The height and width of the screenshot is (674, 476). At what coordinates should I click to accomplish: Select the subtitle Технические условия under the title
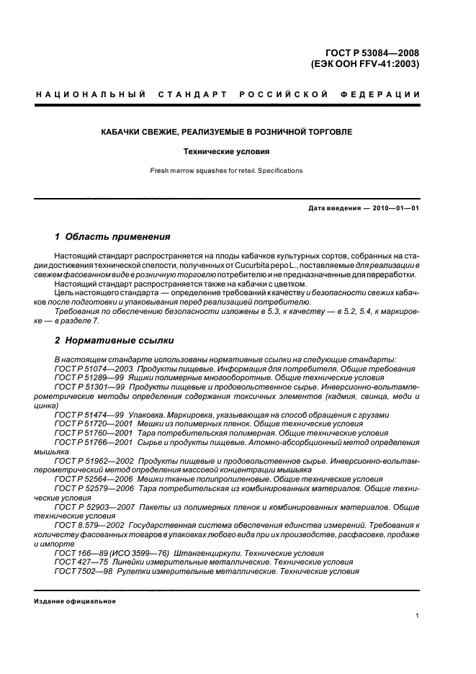point(238,152)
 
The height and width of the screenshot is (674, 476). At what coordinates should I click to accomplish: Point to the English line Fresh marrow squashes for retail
point(225,171)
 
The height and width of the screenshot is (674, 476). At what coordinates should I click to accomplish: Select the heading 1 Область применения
point(112,236)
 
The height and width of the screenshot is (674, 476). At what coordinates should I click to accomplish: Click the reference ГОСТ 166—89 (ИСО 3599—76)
point(112,554)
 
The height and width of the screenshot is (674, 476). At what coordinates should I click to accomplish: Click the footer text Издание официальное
point(76,601)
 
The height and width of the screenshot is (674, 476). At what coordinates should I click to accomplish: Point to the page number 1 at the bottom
point(418,616)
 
